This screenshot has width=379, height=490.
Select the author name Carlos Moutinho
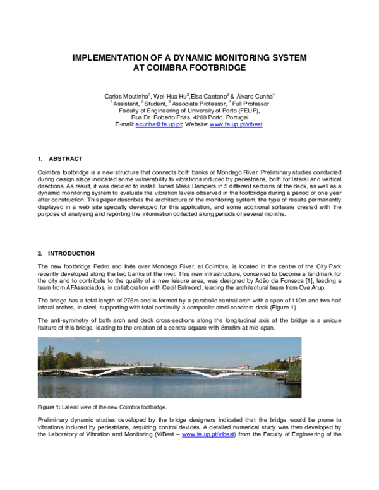(126, 95)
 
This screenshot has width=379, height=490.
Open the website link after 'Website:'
(236, 124)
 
